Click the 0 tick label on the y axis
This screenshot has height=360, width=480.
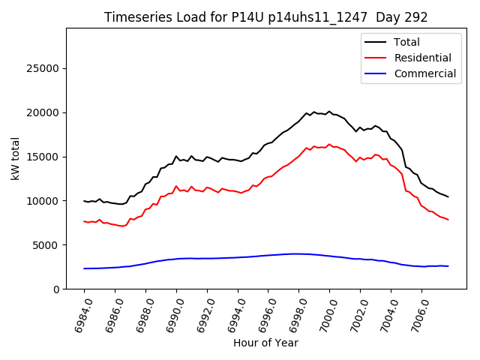coord(57,289)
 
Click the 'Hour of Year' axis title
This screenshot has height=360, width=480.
coord(265,343)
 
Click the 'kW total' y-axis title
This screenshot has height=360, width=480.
coord(15,158)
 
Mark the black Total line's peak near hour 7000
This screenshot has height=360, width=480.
coord(328,112)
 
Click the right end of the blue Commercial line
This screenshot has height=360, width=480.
coord(448,266)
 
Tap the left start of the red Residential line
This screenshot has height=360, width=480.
coord(84,221)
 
